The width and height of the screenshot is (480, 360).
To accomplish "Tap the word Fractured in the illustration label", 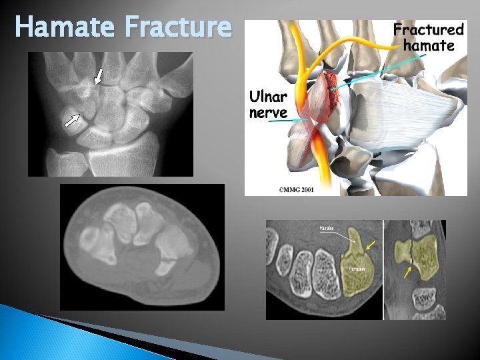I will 428,29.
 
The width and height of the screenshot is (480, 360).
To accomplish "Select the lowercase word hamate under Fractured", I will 429,45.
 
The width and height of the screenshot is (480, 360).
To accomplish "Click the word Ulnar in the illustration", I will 267,97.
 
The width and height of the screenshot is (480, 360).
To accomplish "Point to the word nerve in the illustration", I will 268,113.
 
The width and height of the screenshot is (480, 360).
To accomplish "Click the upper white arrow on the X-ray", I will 99,76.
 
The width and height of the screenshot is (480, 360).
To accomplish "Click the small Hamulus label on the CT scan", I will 326,228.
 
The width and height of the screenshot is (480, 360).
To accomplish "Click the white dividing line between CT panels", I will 383,270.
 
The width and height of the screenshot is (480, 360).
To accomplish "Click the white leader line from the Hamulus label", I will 343,234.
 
